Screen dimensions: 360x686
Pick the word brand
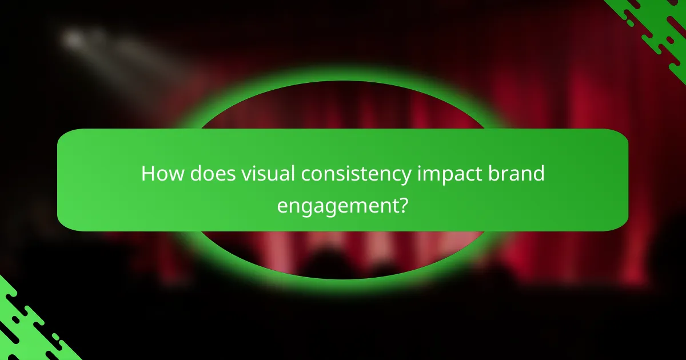click(519, 174)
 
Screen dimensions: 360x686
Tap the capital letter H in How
click(148, 174)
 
